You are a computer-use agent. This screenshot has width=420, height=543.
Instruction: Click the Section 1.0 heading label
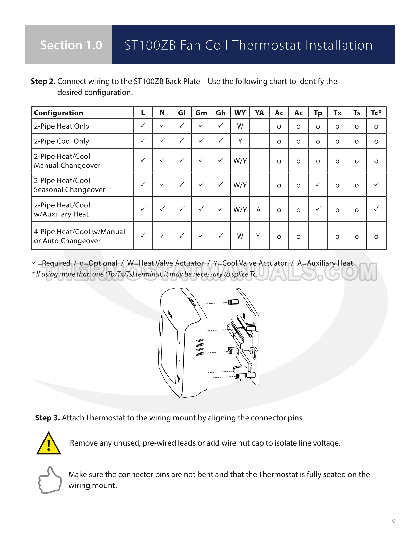[x=71, y=45]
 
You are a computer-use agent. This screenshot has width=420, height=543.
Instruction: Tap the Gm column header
[x=201, y=113]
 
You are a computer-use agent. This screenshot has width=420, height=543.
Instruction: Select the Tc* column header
[x=376, y=113]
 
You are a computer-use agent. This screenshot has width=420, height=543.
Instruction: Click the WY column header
[x=240, y=113]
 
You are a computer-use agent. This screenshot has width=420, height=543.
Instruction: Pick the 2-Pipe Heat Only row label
[x=62, y=126]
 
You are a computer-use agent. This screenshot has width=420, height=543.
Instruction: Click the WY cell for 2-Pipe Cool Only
[x=240, y=141]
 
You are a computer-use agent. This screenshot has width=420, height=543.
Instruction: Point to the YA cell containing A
[x=259, y=210]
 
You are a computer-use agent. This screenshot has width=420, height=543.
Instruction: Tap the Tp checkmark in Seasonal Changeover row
[x=318, y=184]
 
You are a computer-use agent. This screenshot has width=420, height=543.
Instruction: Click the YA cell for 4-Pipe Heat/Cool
[x=258, y=236]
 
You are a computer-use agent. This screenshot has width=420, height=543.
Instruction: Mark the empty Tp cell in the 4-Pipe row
[x=318, y=236]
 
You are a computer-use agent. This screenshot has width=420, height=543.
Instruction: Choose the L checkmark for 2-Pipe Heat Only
[x=143, y=125]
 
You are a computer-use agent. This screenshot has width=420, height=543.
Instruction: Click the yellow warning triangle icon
[x=49, y=444]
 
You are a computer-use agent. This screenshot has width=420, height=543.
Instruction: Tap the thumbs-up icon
[x=50, y=480]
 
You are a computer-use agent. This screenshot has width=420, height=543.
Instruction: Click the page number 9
[x=393, y=521]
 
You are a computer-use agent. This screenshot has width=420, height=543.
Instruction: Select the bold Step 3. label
[x=48, y=418]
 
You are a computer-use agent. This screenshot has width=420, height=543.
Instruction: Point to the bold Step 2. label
[x=43, y=81]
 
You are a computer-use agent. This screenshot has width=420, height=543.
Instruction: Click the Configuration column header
[x=58, y=113]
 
